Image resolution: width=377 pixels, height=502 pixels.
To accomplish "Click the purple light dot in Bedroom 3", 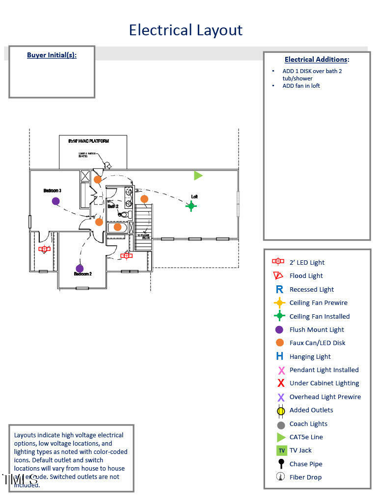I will [x=55, y=201].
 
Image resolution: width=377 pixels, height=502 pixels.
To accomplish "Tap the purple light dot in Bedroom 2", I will [x=80, y=268].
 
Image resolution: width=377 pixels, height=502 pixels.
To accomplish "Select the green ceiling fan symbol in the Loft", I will [x=191, y=206].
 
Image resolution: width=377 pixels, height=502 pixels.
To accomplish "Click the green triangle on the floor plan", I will [x=198, y=176].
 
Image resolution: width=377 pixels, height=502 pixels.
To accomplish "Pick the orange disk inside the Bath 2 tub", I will [x=117, y=227].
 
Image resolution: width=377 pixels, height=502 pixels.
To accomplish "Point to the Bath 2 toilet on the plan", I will [x=124, y=215].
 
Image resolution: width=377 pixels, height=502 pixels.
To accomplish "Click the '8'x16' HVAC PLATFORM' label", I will [x=88, y=141].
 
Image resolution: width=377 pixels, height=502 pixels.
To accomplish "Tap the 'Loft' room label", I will [x=194, y=197].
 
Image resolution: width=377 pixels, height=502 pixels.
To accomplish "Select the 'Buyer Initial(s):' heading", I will [x=52, y=55].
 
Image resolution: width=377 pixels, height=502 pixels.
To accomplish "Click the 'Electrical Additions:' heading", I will [x=317, y=59].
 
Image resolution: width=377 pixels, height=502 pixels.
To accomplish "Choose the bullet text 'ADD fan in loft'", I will [x=301, y=86].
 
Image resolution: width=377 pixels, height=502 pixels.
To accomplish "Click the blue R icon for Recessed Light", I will [x=280, y=290].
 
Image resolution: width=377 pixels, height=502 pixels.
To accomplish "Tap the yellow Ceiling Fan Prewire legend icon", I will [x=280, y=303].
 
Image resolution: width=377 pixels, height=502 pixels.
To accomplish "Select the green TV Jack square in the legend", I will [x=281, y=451].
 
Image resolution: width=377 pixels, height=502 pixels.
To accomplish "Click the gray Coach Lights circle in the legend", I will [x=281, y=425].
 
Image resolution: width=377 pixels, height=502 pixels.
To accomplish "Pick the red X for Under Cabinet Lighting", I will [x=281, y=383].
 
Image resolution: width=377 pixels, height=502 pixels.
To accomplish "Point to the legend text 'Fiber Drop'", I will [x=305, y=477].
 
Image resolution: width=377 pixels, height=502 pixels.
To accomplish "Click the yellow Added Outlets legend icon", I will [x=281, y=411].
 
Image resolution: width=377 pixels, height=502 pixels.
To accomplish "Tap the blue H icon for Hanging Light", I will [x=280, y=356].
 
